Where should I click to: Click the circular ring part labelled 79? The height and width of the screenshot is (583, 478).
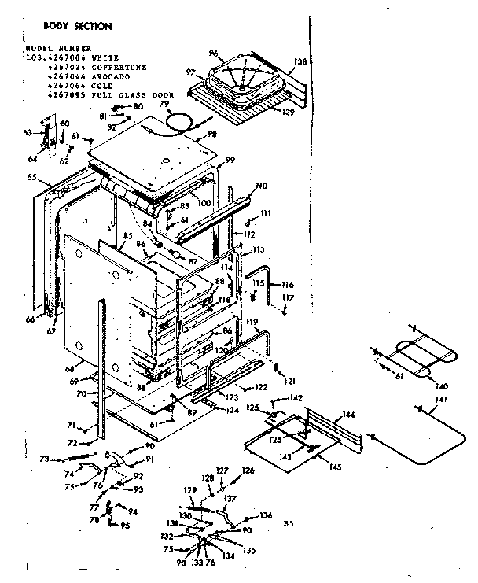(x=182, y=120)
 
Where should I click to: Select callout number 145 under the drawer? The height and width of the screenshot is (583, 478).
(x=335, y=467)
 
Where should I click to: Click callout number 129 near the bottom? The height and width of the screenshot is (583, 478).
(x=189, y=490)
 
